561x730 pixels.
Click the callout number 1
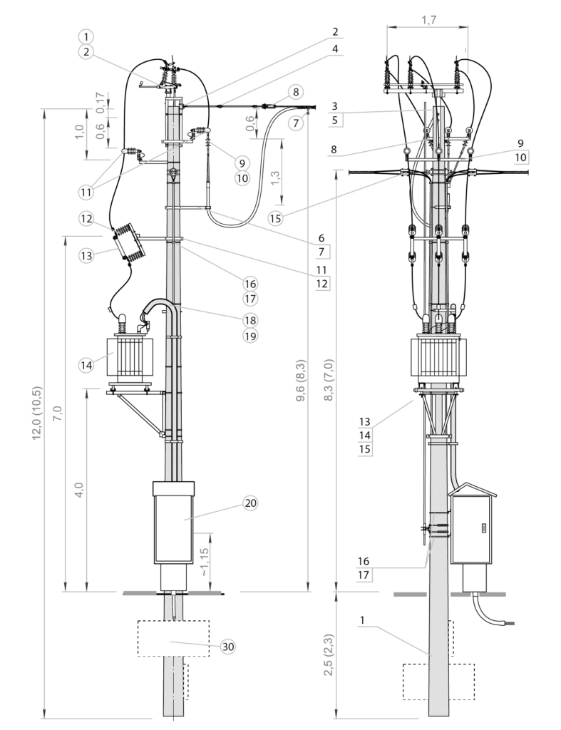tap(86, 36)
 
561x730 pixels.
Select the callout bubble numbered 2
tap(86, 51)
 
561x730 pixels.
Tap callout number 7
tap(296, 123)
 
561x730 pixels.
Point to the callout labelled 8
tap(296, 92)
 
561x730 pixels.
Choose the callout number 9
tap(242, 162)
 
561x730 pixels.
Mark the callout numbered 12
tap(86, 219)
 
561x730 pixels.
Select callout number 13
tap(86, 255)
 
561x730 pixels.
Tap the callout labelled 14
tap(86, 365)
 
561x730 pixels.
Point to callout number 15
tap(276, 219)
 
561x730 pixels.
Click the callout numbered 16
tap(249, 284)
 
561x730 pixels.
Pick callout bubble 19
tap(249, 336)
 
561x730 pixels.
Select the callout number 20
tap(249, 503)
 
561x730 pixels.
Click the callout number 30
tap(227, 647)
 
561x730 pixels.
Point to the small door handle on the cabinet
tap(483, 528)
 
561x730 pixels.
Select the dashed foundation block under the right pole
tap(438, 682)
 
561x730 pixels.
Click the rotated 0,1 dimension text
tap(101, 106)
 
